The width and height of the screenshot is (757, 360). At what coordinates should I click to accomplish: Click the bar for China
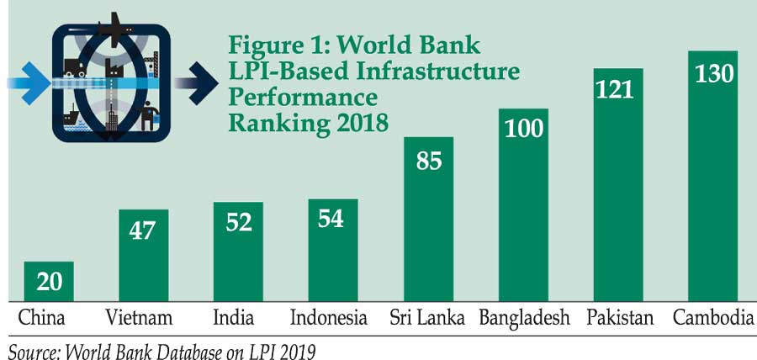pyautogui.click(x=49, y=282)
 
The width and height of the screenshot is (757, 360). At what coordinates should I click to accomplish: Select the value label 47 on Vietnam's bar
pyautogui.click(x=143, y=230)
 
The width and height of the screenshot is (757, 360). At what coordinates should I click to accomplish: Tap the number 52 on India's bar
pyautogui.click(x=238, y=223)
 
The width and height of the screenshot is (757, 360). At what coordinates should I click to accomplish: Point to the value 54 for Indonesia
pyautogui.click(x=333, y=220)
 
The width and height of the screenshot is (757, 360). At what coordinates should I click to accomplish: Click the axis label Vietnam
pyautogui.click(x=140, y=319)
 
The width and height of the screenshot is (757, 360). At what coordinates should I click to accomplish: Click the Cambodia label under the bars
pyautogui.click(x=713, y=319)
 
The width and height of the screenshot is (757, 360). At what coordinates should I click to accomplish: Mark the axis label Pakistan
pyautogui.click(x=619, y=319)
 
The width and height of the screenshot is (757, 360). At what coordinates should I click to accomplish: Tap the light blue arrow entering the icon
pyautogui.click(x=25, y=82)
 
